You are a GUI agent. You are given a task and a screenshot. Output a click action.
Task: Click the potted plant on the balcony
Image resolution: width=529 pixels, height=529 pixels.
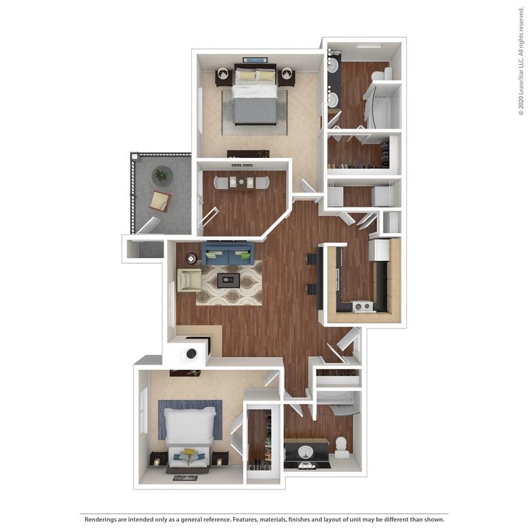click(161, 176)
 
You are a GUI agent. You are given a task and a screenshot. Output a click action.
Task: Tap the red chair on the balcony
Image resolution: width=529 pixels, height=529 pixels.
click(160, 201)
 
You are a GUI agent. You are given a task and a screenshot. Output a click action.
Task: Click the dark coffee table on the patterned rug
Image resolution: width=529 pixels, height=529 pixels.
click(228, 280)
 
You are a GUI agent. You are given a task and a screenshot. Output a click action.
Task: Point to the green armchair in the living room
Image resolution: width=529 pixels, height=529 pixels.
click(189, 280)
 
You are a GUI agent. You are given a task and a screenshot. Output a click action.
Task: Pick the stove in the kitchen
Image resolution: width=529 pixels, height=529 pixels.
click(362, 306)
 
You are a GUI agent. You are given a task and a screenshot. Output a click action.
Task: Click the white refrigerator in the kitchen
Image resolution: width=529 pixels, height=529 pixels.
click(379, 249)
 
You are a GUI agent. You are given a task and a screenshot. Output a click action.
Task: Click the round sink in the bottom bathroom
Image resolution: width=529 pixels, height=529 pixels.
click(306, 451)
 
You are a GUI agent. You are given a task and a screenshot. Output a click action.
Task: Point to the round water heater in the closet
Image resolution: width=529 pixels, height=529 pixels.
click(191, 354)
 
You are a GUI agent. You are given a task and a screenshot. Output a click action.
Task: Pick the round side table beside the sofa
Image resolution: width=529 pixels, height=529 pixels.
click(190, 258)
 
